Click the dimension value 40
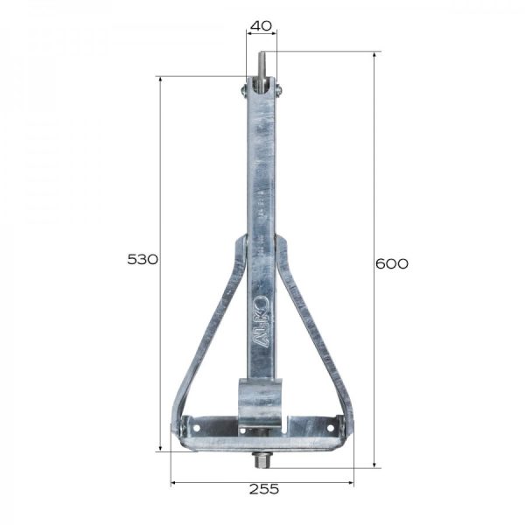point(260,25)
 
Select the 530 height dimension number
point(143,259)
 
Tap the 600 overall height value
point(391,263)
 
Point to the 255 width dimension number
point(263,489)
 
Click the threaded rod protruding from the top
point(261,66)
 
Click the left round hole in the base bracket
point(196,427)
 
